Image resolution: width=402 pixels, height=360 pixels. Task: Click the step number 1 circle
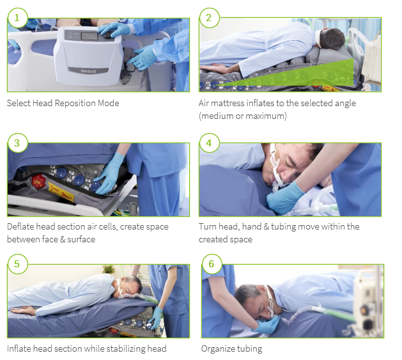point(17,18)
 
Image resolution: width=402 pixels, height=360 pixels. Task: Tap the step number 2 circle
point(209,18)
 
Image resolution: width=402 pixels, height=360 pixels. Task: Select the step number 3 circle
point(17,143)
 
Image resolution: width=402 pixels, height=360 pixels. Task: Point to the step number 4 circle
point(209,143)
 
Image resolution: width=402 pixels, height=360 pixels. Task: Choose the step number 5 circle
point(17,264)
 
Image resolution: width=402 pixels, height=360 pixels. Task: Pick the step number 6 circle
point(212,264)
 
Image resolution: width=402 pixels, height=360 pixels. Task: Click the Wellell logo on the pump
point(88,71)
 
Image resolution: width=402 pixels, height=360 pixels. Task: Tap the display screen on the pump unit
point(89,36)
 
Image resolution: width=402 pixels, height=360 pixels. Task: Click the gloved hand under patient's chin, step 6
point(267,325)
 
